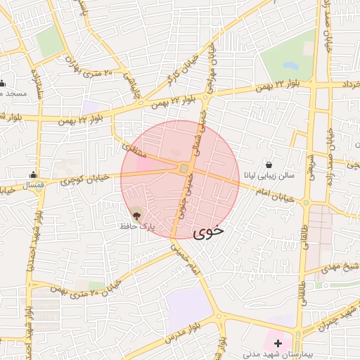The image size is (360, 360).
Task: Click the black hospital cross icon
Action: [x=278, y=343]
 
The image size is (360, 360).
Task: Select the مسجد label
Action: [x=13, y=94]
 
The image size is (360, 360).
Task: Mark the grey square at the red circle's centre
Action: [x=184, y=169]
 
